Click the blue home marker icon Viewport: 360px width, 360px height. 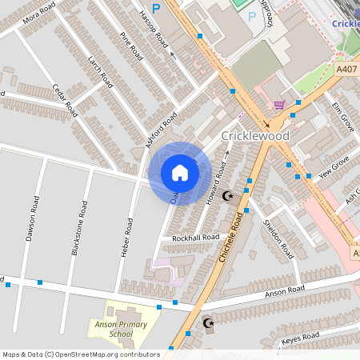[179, 173]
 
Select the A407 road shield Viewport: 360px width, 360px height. [346, 70]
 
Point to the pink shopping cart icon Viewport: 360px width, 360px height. [278, 105]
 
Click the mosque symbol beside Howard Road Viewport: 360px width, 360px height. [228, 195]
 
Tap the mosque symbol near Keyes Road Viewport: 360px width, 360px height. [209, 323]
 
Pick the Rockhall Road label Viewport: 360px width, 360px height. [189, 238]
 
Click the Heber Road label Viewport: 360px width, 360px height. [126, 237]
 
